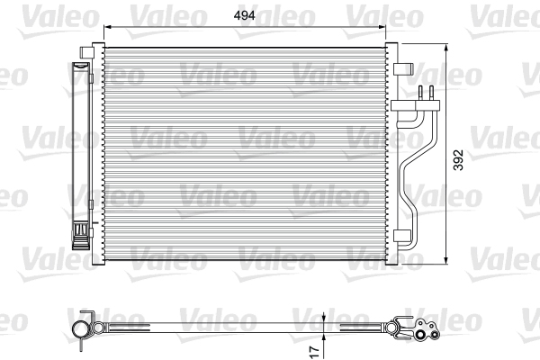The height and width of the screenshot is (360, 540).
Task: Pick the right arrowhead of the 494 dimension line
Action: tap(385, 27)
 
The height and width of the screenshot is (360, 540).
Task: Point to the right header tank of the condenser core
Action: tap(391, 153)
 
